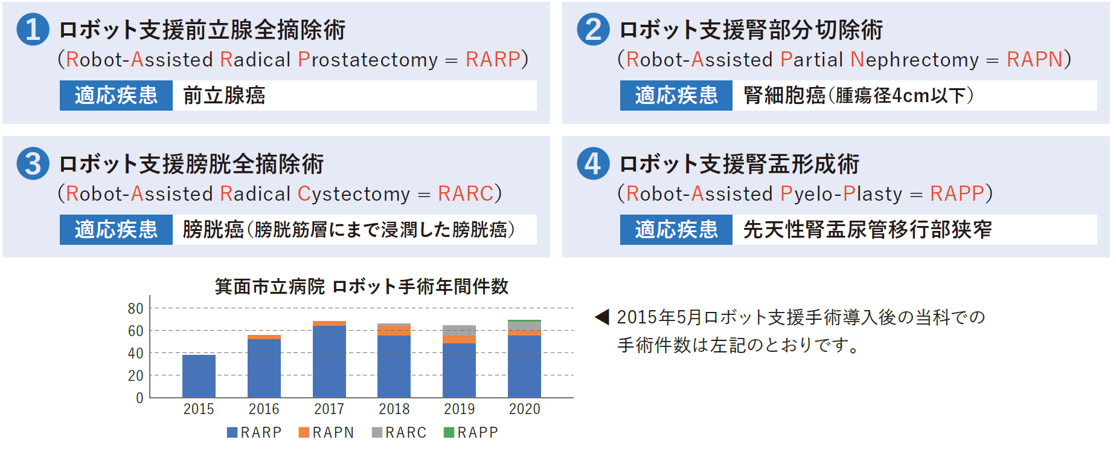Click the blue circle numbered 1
(x=33, y=30)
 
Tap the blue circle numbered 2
(x=593, y=30)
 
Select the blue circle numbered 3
(x=33, y=164)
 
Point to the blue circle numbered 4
(x=593, y=164)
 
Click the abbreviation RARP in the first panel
(x=493, y=59)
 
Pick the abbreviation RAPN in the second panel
(x=1034, y=59)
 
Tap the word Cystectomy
(x=354, y=193)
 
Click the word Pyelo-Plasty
(x=841, y=193)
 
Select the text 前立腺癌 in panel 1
(x=224, y=96)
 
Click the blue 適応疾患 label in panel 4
(x=676, y=230)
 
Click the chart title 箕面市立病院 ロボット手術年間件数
(x=362, y=286)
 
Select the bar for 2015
(x=199, y=376)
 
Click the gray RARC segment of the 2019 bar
(x=459, y=331)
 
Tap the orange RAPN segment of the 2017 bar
(x=329, y=323)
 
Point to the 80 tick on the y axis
(x=135, y=308)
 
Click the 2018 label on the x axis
(x=394, y=409)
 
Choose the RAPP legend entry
(x=471, y=432)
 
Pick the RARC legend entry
(x=399, y=432)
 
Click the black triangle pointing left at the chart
(x=602, y=317)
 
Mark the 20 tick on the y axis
(x=135, y=375)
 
